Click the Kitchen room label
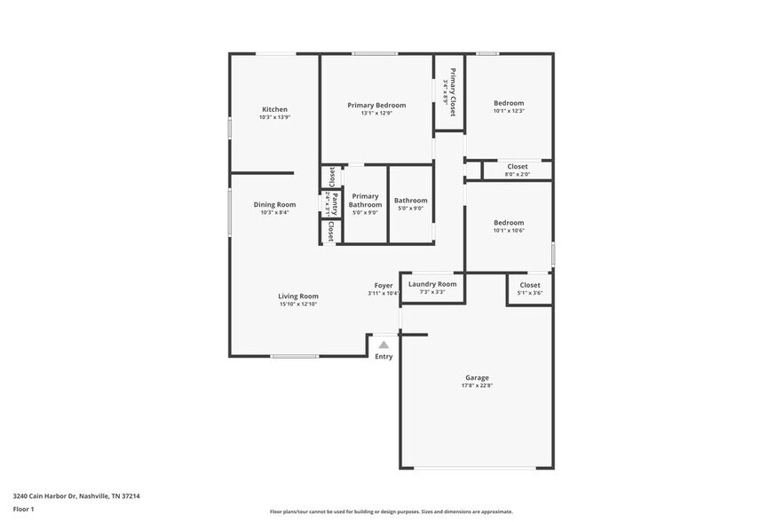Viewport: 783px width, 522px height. coord(274,109)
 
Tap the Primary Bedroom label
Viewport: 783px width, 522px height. coord(376,105)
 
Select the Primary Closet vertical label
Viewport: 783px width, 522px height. coord(452,92)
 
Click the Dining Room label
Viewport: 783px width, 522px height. coord(274,204)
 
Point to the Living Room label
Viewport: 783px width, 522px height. coord(298,297)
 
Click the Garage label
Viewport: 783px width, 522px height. coord(477,377)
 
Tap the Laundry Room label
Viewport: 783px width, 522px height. coord(432,284)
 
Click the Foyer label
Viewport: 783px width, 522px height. coord(384,286)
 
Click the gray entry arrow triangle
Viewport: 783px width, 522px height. coord(384,344)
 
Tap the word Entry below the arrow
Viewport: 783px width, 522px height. coord(384,357)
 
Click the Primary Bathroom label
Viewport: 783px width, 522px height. coord(365,200)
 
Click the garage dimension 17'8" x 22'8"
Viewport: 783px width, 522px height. coord(477,386)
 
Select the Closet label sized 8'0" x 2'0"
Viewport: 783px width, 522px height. coord(518,166)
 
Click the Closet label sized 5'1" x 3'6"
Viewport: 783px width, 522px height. coord(530,285)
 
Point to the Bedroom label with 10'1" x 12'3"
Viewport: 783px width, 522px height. coord(509,103)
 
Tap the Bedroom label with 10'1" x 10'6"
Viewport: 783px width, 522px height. coord(509,223)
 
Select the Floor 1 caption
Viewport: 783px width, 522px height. coord(23,509)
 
